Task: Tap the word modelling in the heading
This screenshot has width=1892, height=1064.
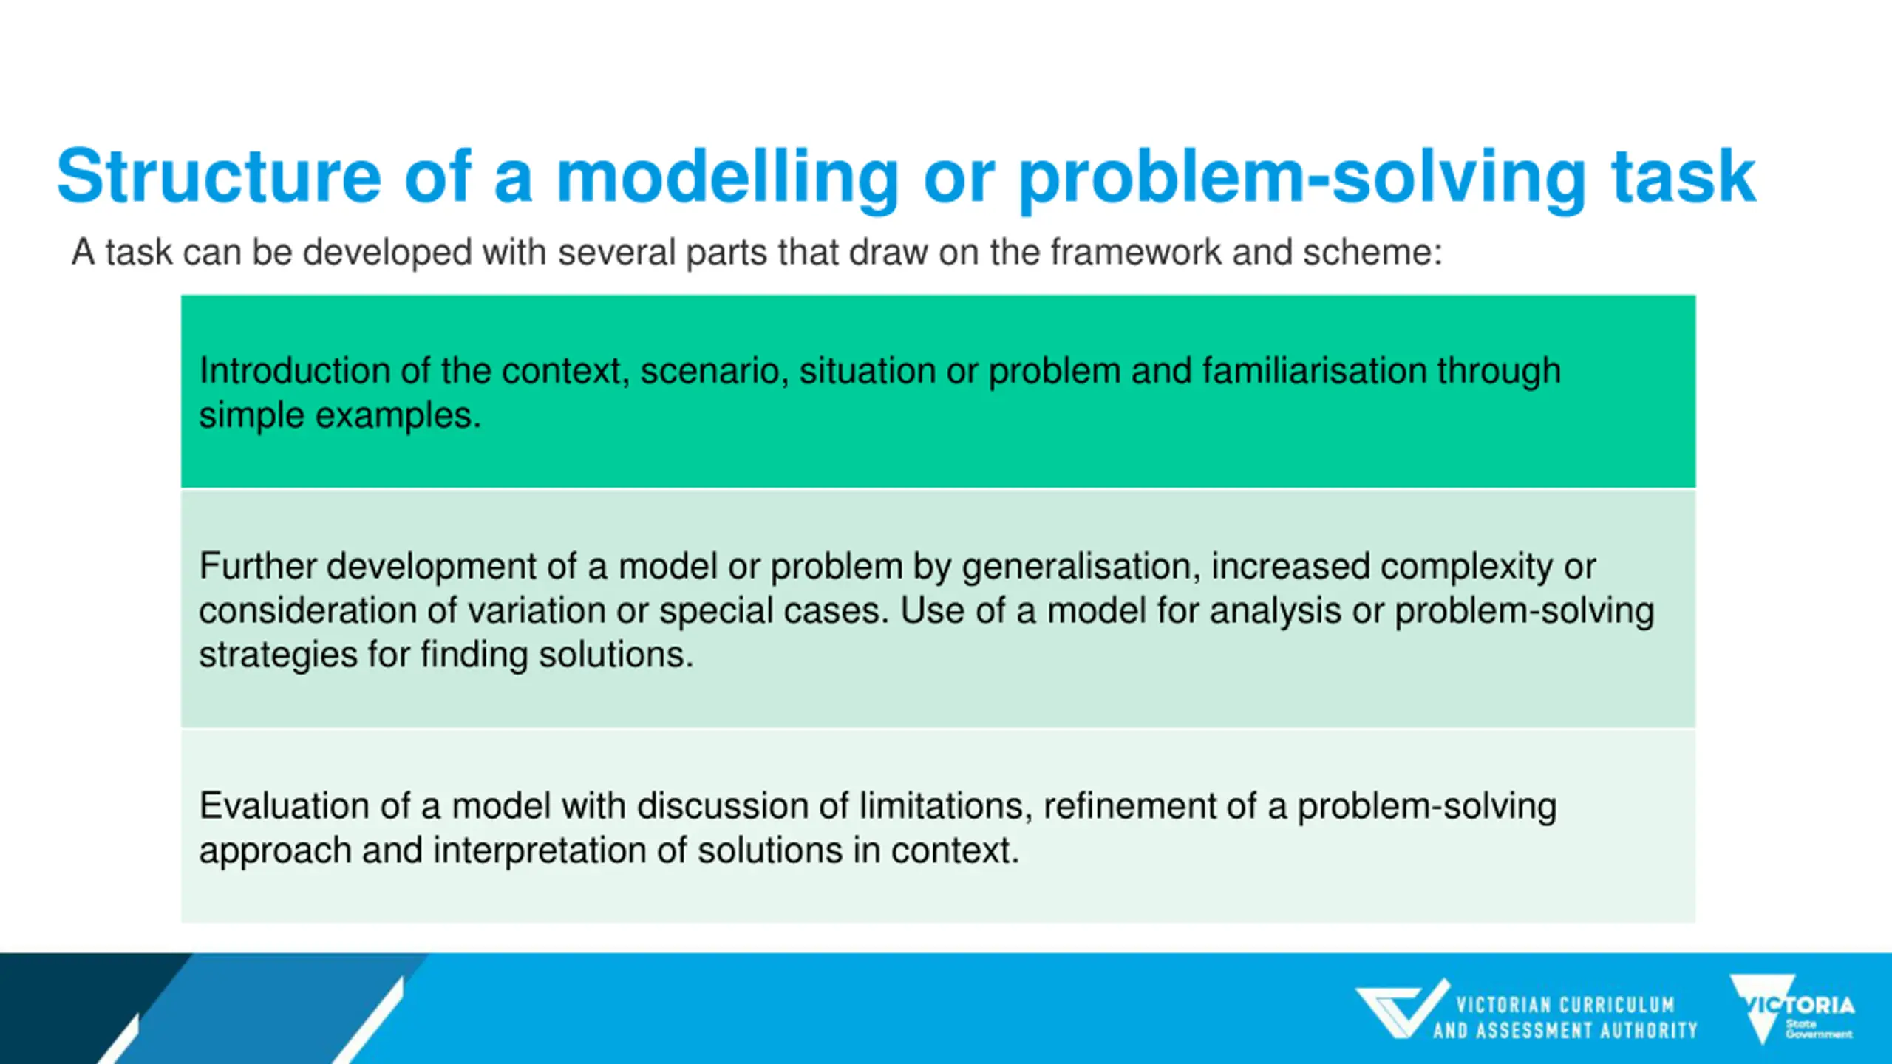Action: [x=727, y=177]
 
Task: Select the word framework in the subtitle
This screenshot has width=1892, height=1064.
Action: [x=1135, y=252]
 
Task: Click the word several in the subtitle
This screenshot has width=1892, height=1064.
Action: [x=616, y=252]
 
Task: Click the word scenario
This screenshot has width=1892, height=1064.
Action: [x=709, y=371]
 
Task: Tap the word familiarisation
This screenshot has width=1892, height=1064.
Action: [x=1314, y=370]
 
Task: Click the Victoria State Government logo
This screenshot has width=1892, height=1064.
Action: [x=1791, y=1009]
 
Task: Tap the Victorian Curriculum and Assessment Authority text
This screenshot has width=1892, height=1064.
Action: [x=1565, y=1018]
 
